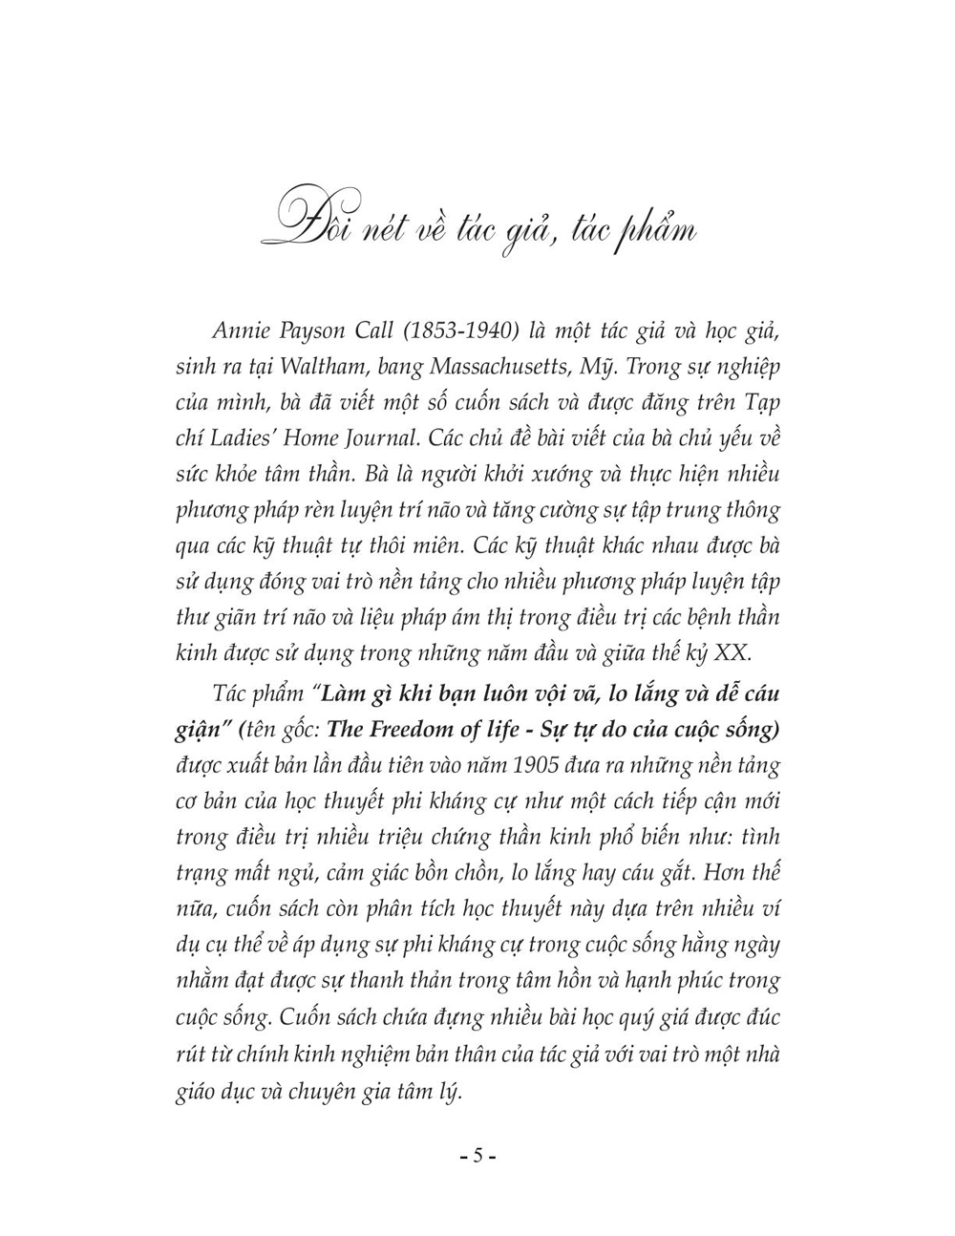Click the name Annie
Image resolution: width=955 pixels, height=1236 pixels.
pos(234,330)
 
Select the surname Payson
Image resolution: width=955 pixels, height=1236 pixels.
pos(305,330)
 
